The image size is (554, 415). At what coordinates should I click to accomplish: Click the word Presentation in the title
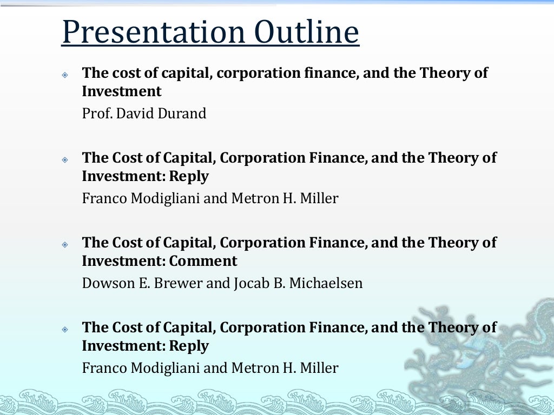point(153,33)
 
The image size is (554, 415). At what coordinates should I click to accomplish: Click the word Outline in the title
point(306,33)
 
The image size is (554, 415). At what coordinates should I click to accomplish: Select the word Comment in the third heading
point(203,262)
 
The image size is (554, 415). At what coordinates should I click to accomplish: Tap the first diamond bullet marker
point(65,75)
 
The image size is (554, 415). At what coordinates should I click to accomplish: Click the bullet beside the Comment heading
point(65,244)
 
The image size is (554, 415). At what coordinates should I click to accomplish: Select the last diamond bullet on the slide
point(65,329)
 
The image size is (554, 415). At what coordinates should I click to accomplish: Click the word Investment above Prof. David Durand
point(122,92)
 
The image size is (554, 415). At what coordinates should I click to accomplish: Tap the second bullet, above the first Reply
point(65,159)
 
